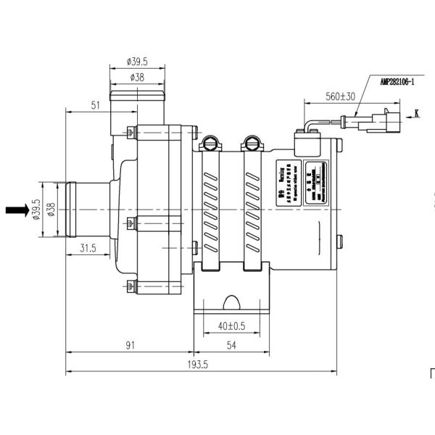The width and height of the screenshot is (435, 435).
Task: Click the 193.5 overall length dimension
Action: click(x=201, y=365)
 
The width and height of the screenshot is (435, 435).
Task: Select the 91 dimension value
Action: click(x=129, y=346)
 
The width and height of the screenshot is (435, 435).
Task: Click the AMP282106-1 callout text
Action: click(x=392, y=82)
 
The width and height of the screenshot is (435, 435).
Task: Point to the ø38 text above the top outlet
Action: click(x=138, y=76)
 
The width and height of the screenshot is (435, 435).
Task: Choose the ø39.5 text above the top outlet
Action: click(x=138, y=61)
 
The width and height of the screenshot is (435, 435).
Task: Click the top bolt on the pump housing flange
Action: click(x=130, y=133)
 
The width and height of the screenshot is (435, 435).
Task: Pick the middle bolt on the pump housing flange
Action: click(x=130, y=222)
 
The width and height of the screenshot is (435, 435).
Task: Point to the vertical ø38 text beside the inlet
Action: click(x=51, y=209)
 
